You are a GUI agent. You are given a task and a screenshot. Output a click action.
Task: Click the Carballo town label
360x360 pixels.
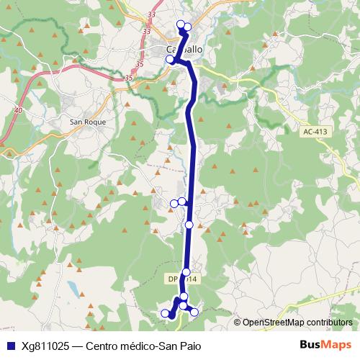184,49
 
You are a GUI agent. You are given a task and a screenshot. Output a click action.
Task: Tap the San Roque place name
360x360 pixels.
88,122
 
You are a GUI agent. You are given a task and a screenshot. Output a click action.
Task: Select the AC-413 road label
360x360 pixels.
315,132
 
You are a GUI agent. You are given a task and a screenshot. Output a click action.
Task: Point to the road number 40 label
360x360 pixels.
18,109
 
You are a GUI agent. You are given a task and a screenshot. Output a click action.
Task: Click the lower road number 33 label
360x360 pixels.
147,31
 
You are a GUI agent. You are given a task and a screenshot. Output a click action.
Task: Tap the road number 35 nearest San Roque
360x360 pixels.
129,77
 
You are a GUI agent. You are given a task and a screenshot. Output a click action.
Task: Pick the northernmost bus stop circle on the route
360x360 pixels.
181,24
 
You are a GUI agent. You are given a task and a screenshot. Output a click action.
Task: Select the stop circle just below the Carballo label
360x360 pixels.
171,60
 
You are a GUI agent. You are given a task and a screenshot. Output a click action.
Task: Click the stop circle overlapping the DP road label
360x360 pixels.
186,271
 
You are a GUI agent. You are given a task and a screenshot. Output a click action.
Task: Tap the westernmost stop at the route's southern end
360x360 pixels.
165,312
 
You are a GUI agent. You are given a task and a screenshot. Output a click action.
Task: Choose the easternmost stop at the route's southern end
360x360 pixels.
194,312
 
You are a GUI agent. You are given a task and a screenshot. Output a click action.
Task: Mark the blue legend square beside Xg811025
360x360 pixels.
9,344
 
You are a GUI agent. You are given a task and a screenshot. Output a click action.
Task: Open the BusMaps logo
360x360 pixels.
325,343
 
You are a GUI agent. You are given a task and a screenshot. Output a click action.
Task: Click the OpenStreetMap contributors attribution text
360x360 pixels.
297,322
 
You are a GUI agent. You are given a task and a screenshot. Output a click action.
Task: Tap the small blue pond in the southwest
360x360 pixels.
72,287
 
